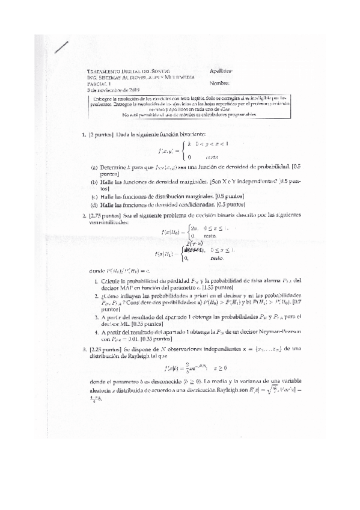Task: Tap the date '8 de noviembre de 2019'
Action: [x=114, y=89]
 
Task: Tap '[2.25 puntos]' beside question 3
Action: [x=103, y=348]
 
